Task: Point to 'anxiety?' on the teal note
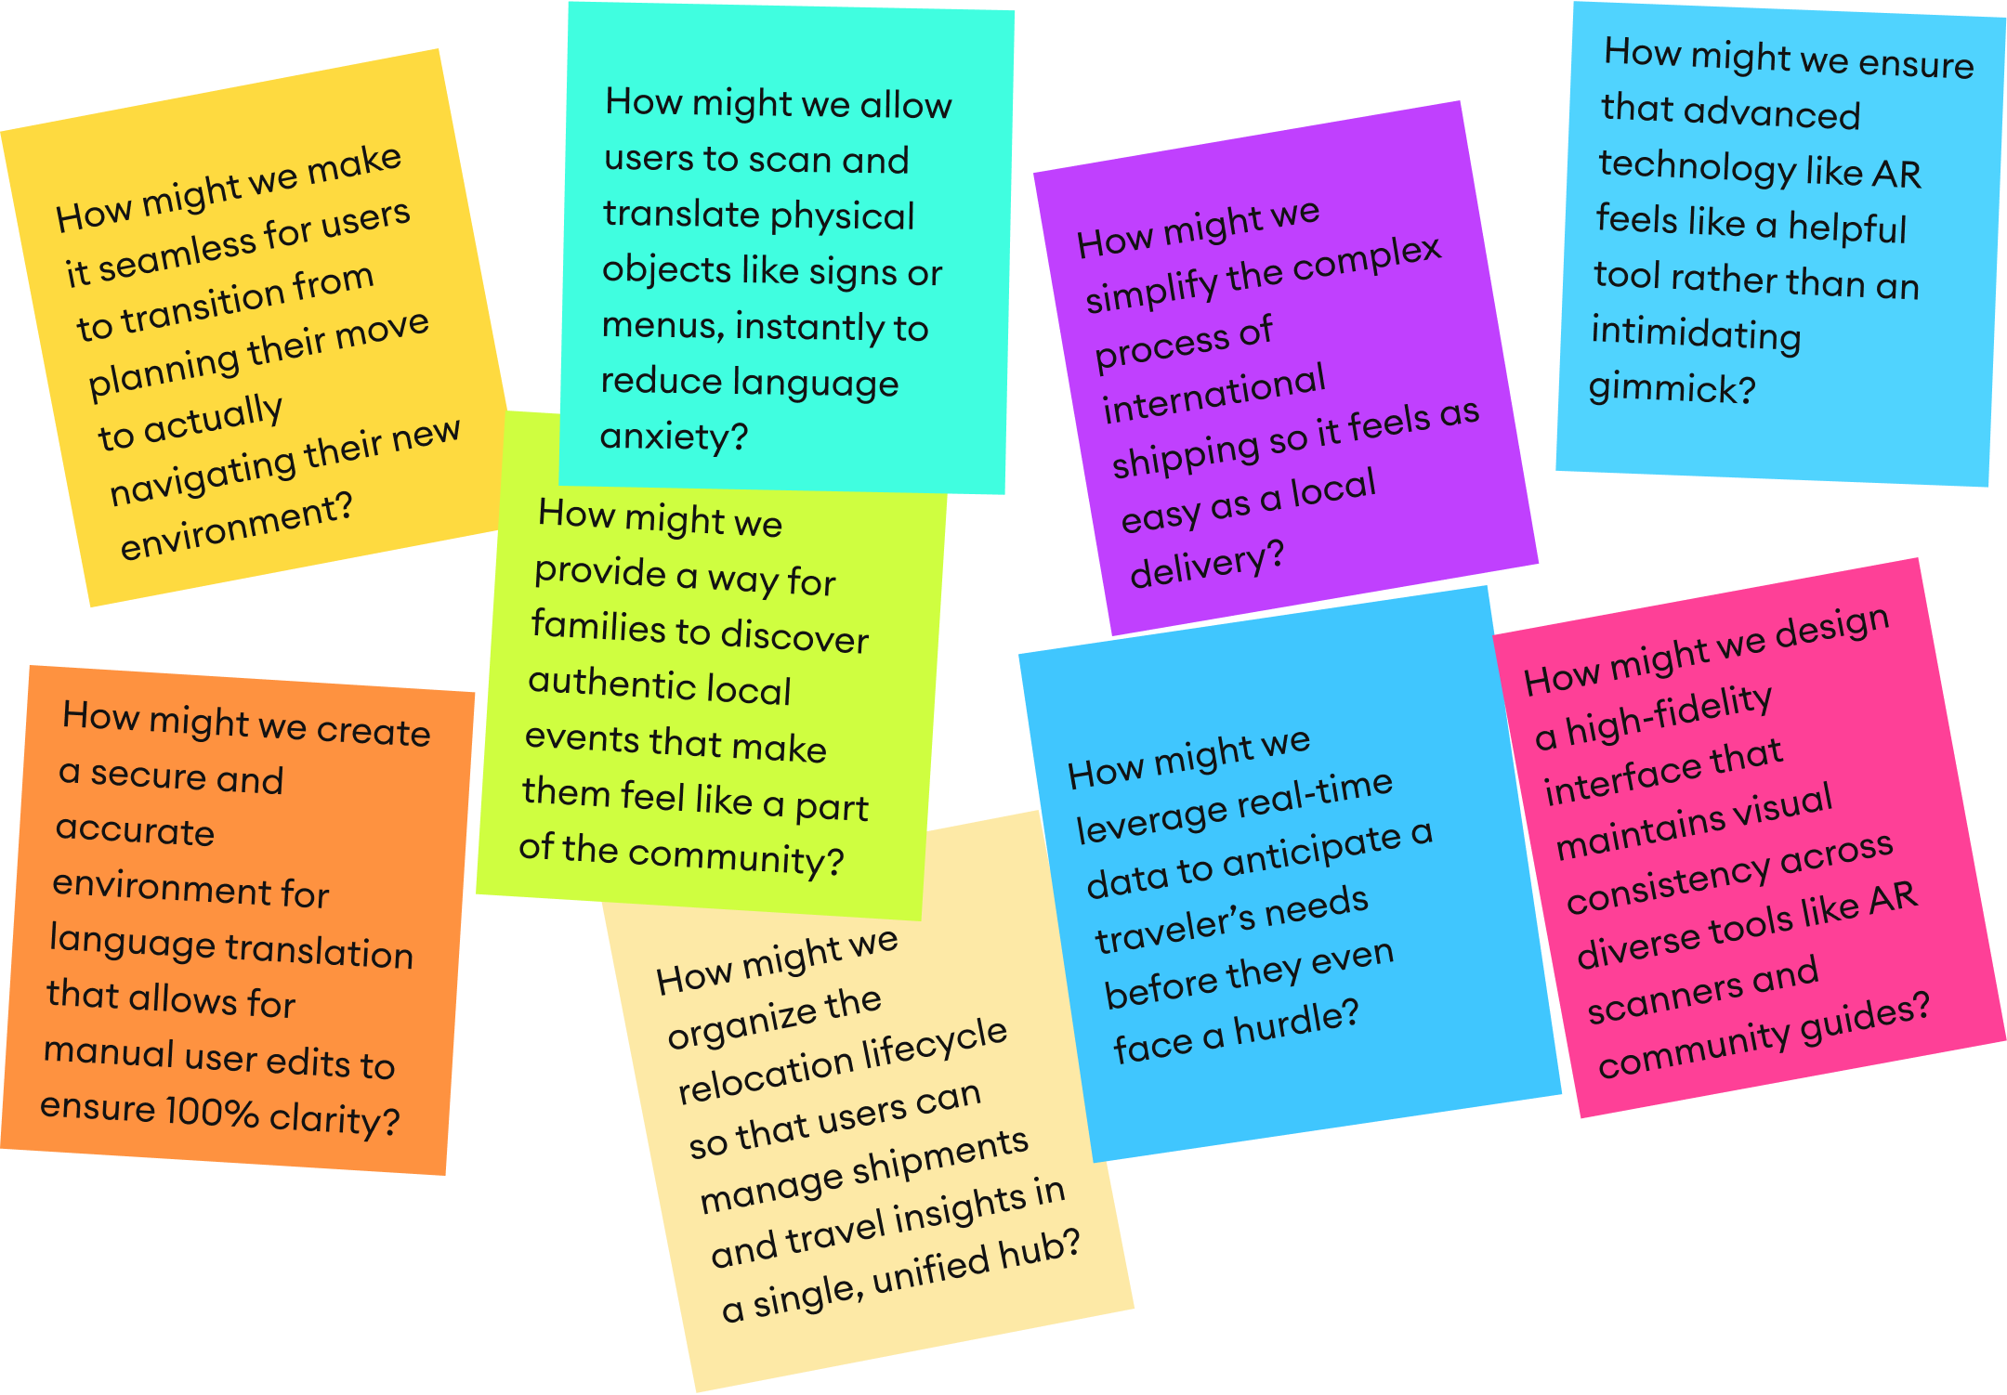(674, 437)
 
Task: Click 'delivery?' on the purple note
(1206, 565)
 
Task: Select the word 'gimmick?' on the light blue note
(1672, 387)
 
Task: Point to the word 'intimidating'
(1696, 333)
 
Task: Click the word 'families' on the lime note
(598, 627)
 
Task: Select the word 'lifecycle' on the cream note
(934, 1045)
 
